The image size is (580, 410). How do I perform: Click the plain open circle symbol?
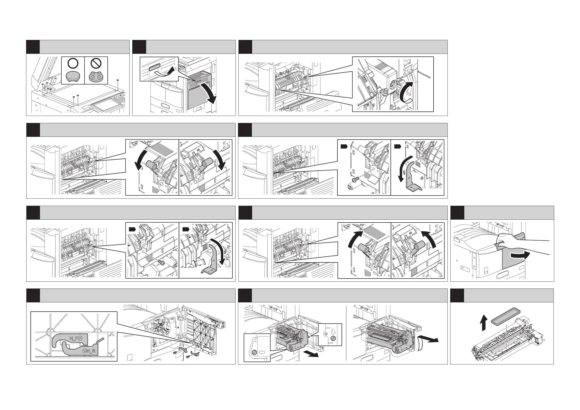tap(73, 63)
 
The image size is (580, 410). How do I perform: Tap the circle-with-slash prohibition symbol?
tap(96, 63)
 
